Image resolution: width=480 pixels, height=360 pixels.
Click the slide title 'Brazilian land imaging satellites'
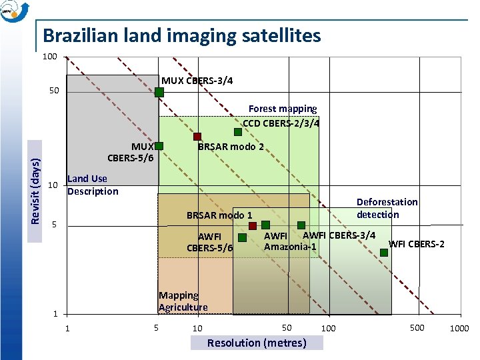coord(181,35)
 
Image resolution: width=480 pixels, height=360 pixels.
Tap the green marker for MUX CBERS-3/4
coord(159,92)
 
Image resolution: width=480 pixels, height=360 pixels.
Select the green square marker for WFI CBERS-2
coord(384,252)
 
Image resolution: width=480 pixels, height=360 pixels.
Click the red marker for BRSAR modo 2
coord(197,137)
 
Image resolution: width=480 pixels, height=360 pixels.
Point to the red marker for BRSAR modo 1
coord(253,226)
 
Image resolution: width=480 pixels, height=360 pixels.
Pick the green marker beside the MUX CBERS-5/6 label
coord(159,145)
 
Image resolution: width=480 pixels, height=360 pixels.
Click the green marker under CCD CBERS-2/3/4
coord(238,132)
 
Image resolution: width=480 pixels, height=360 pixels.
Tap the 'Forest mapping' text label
coord(283,108)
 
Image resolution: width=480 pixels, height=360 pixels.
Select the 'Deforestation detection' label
coord(387,208)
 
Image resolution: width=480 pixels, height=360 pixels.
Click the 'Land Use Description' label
coord(93,185)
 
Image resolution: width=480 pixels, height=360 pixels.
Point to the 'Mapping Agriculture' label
coord(183,301)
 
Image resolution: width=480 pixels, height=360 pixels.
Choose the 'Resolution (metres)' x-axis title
coord(257,343)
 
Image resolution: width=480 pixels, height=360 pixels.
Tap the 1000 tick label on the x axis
coord(459,328)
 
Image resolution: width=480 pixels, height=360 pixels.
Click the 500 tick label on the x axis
coord(416,327)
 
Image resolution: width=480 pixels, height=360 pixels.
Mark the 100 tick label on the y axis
coord(49,57)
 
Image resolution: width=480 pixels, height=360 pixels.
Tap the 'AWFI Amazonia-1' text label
coord(289,241)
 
